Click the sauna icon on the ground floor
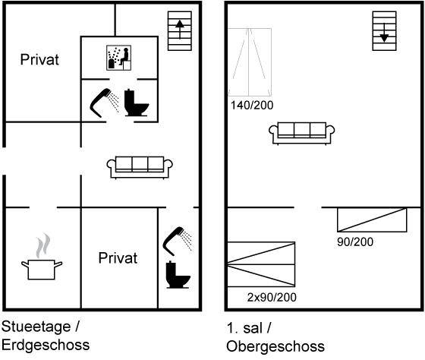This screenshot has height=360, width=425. click(x=118, y=58)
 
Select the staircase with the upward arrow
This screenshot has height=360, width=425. click(x=180, y=30)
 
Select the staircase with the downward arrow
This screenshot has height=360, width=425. click(x=384, y=30)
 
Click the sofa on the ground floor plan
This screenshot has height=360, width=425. click(x=140, y=168)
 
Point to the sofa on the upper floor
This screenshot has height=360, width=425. click(x=302, y=134)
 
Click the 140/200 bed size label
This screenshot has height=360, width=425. click(x=252, y=106)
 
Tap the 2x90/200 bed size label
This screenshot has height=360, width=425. click(x=272, y=297)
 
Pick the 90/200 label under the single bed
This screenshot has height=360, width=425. click(x=355, y=242)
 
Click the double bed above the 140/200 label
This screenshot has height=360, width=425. click(x=250, y=62)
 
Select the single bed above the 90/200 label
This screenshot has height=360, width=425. click(x=372, y=219)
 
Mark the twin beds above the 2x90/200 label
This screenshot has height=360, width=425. click(x=261, y=264)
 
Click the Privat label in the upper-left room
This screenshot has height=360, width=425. click(x=39, y=59)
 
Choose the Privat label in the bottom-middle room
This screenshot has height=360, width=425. click(x=118, y=257)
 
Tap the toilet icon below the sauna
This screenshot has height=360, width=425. click(x=137, y=103)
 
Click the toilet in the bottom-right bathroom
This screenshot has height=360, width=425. click(x=178, y=274)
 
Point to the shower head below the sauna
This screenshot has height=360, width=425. click(x=105, y=103)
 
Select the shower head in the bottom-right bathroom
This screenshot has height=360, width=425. click(x=178, y=242)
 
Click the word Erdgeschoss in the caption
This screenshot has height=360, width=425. click(x=46, y=345)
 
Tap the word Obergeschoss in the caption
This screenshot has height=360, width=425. click(x=275, y=346)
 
